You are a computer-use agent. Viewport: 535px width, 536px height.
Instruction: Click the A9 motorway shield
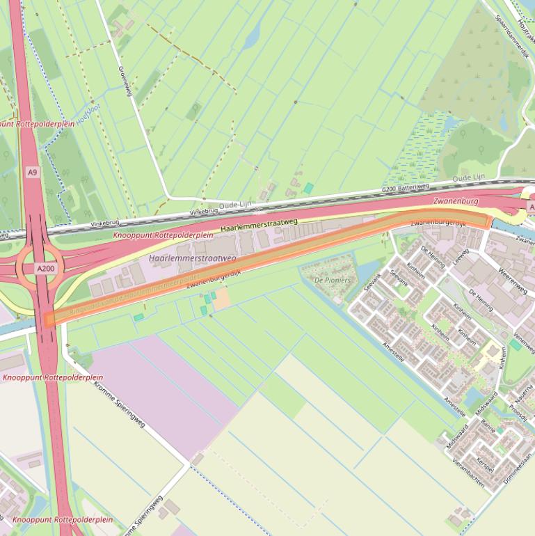pos(32,171)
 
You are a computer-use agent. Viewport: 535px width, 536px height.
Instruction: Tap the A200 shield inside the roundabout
pos(46,269)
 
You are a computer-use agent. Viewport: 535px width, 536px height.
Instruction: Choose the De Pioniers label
pos(333,280)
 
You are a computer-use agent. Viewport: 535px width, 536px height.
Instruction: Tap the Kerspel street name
pos(484,464)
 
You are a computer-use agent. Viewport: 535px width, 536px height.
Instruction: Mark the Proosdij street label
pos(518,412)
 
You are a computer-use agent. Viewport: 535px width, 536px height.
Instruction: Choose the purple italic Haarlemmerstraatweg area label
pos(193,258)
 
